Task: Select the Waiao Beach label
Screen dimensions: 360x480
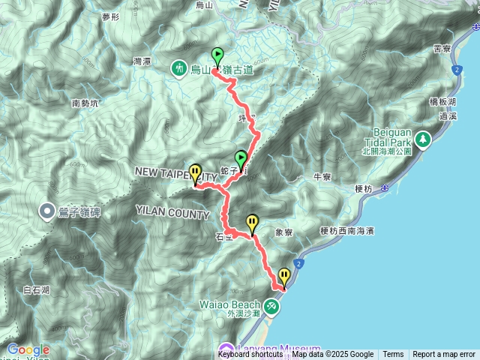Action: click(x=230, y=305)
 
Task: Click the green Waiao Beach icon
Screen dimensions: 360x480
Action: click(x=270, y=307)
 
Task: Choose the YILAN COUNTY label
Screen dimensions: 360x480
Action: click(x=172, y=214)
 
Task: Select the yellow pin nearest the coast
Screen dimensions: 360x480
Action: click(x=283, y=277)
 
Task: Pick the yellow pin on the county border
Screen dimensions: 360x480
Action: click(x=196, y=174)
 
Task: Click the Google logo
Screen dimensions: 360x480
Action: click(x=28, y=349)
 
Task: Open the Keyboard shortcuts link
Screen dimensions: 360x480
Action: click(x=250, y=355)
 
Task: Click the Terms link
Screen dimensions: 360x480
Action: click(x=393, y=355)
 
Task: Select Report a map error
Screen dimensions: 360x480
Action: click(x=444, y=355)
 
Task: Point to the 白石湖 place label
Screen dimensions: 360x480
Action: click(x=36, y=289)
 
